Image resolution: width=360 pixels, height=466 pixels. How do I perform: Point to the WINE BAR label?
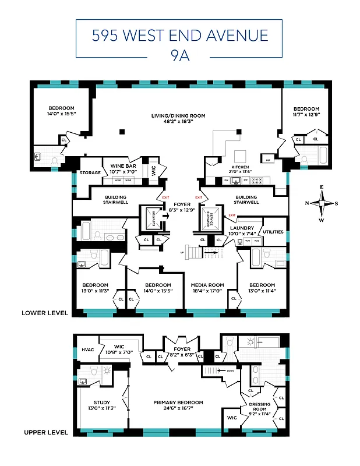[123, 166]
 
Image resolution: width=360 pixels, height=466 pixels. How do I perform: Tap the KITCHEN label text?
[241, 167]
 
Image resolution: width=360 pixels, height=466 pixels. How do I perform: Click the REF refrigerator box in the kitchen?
[268, 160]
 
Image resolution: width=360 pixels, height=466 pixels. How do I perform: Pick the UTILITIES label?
[273, 232]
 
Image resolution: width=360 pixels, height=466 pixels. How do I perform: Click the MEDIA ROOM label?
[207, 285]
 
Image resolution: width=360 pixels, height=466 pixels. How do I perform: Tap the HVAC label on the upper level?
[87, 349]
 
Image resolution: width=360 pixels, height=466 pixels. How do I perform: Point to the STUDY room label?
[101, 403]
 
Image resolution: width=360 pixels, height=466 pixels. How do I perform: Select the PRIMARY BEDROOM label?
[178, 403]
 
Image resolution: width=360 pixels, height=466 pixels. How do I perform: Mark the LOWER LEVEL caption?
[45, 313]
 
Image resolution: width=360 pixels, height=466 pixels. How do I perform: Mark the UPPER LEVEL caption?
[45, 433]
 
